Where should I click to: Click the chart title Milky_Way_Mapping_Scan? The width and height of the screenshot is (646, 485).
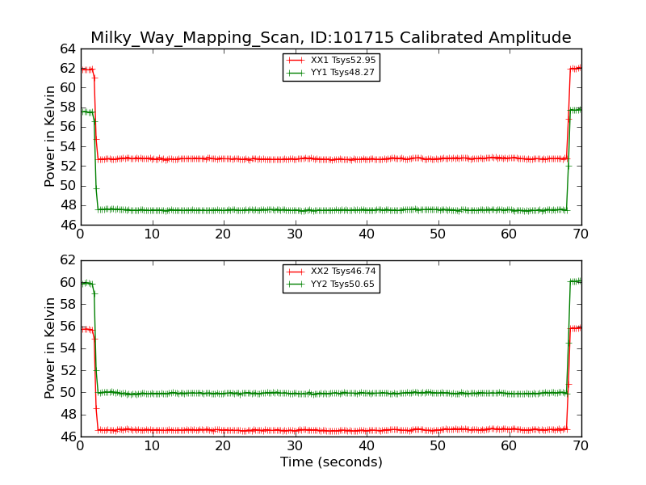point(195,38)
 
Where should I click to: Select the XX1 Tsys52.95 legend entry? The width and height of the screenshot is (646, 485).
point(331,60)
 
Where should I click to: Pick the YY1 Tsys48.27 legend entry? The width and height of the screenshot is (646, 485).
point(331,73)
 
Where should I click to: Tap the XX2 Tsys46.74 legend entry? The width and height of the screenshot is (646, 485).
point(331,272)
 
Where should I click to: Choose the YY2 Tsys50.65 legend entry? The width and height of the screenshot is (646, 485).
point(331,285)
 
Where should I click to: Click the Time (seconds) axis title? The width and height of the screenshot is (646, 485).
point(331,462)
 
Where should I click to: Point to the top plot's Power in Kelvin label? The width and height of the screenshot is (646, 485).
point(50,137)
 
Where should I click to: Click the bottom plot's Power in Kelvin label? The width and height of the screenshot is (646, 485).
point(50,348)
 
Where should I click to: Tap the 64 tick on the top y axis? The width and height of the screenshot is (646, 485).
point(68,49)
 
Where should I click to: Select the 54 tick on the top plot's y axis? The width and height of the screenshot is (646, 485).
point(68,147)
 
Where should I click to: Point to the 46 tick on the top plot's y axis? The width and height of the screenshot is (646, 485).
point(68,226)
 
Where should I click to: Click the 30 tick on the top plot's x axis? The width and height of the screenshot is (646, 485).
point(295,234)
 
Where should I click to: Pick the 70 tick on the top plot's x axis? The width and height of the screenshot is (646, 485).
point(581,234)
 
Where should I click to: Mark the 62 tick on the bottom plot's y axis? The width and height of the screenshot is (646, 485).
point(68,260)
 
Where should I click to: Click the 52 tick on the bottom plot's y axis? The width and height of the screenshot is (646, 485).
point(68,370)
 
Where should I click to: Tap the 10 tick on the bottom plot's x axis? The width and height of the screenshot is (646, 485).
point(152,446)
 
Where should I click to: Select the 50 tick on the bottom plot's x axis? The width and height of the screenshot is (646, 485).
point(438,446)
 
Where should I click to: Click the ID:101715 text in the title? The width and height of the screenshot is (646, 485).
point(350,37)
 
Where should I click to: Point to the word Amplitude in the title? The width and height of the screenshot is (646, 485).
point(530,38)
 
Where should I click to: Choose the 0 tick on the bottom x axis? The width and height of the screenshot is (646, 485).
point(81,446)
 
